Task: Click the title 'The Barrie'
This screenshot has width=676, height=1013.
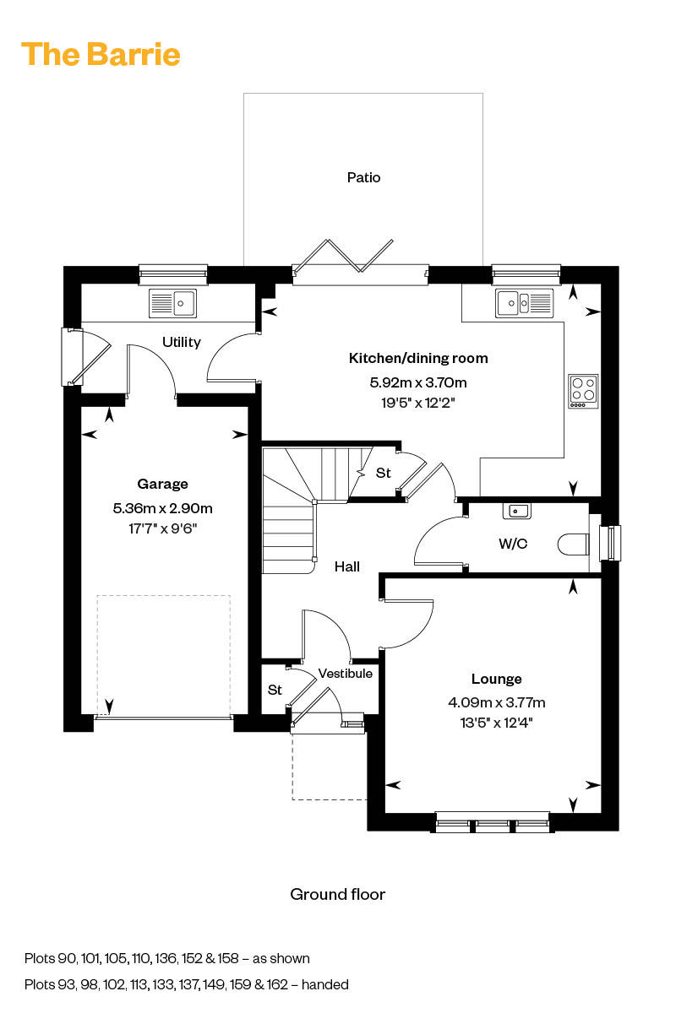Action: click(101, 55)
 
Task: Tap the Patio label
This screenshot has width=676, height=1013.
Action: click(363, 177)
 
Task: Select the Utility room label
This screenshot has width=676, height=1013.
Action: click(182, 342)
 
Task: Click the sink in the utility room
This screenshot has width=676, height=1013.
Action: click(172, 302)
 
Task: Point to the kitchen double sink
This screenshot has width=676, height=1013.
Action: click(524, 301)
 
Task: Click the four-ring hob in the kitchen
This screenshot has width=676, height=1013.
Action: click(583, 391)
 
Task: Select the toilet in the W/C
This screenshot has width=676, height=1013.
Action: click(575, 544)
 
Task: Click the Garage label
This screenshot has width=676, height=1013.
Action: click(162, 484)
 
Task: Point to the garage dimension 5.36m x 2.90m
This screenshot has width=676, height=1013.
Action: click(162, 508)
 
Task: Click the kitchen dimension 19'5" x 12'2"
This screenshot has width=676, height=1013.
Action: click(418, 403)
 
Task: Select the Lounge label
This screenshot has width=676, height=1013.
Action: click(496, 679)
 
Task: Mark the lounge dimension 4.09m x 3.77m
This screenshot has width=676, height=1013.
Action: click(496, 702)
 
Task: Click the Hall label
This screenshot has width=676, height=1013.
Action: click(346, 566)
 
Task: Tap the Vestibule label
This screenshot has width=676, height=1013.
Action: click(345, 673)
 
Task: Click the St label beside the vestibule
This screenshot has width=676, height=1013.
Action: click(275, 690)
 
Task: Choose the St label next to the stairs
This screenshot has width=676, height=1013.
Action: click(384, 474)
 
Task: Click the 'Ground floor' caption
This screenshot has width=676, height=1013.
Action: click(337, 894)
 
